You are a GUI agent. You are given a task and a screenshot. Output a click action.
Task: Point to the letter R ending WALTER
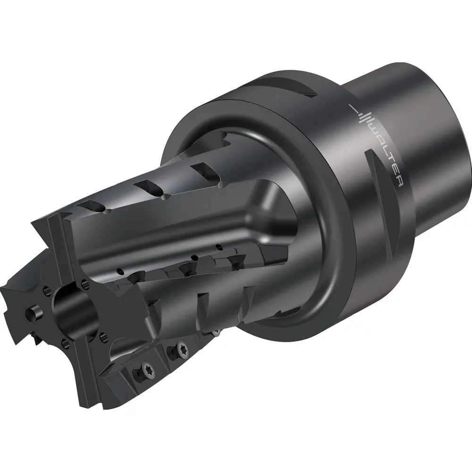click(x=399, y=182)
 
